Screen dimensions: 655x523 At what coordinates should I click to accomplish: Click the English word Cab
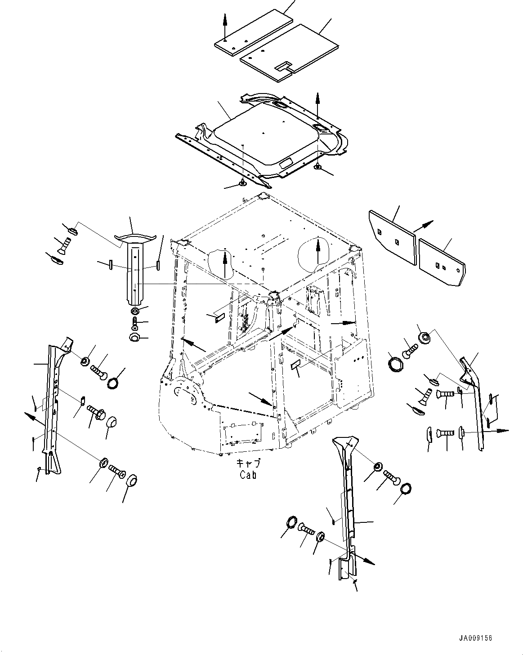(x=248, y=474)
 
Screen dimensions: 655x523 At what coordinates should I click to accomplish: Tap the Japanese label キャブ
(x=248, y=463)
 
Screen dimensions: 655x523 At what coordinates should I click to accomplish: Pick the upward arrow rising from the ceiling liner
(x=318, y=103)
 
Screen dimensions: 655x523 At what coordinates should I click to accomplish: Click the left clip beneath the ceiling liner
(x=243, y=183)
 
